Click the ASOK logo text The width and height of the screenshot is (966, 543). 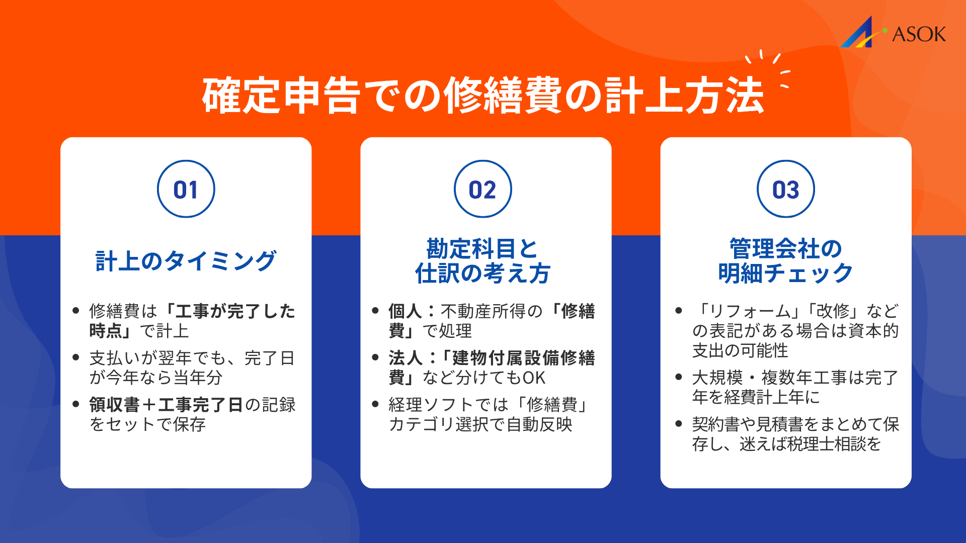click(x=919, y=34)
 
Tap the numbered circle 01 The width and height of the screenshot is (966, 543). click(x=186, y=189)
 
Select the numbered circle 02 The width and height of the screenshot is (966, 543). click(x=483, y=189)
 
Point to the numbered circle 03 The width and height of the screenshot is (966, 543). click(x=785, y=189)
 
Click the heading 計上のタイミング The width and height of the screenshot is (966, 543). click(x=186, y=261)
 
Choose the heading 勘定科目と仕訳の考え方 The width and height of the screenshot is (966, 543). click(x=483, y=261)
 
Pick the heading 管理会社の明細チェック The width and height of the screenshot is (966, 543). click(x=785, y=261)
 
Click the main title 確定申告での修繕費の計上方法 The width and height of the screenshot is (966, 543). click(x=483, y=96)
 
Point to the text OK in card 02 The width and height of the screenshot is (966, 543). click(x=534, y=378)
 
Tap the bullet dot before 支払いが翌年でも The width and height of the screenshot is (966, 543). click(x=76, y=357)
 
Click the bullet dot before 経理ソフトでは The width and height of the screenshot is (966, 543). click(x=375, y=404)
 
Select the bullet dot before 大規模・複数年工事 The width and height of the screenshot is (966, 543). click(x=679, y=377)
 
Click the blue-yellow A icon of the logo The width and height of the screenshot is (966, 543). click(x=858, y=33)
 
